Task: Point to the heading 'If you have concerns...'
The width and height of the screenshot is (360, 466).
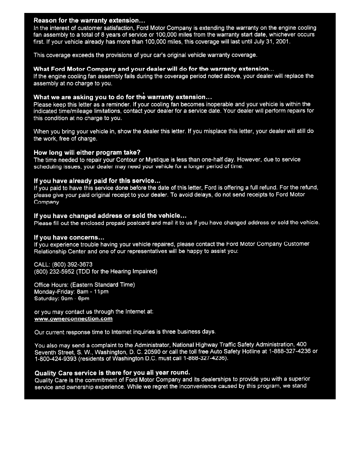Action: point(69,237)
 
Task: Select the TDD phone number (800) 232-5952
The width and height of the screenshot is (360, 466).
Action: point(53,271)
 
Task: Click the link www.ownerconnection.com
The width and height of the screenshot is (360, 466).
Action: point(74,319)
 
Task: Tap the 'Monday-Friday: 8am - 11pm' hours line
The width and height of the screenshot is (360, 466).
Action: point(71,291)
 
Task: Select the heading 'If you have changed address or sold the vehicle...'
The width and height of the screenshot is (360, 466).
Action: point(110,216)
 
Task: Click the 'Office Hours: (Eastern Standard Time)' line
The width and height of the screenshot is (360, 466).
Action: point(84,284)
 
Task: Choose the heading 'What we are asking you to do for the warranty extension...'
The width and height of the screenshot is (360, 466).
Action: point(123,97)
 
